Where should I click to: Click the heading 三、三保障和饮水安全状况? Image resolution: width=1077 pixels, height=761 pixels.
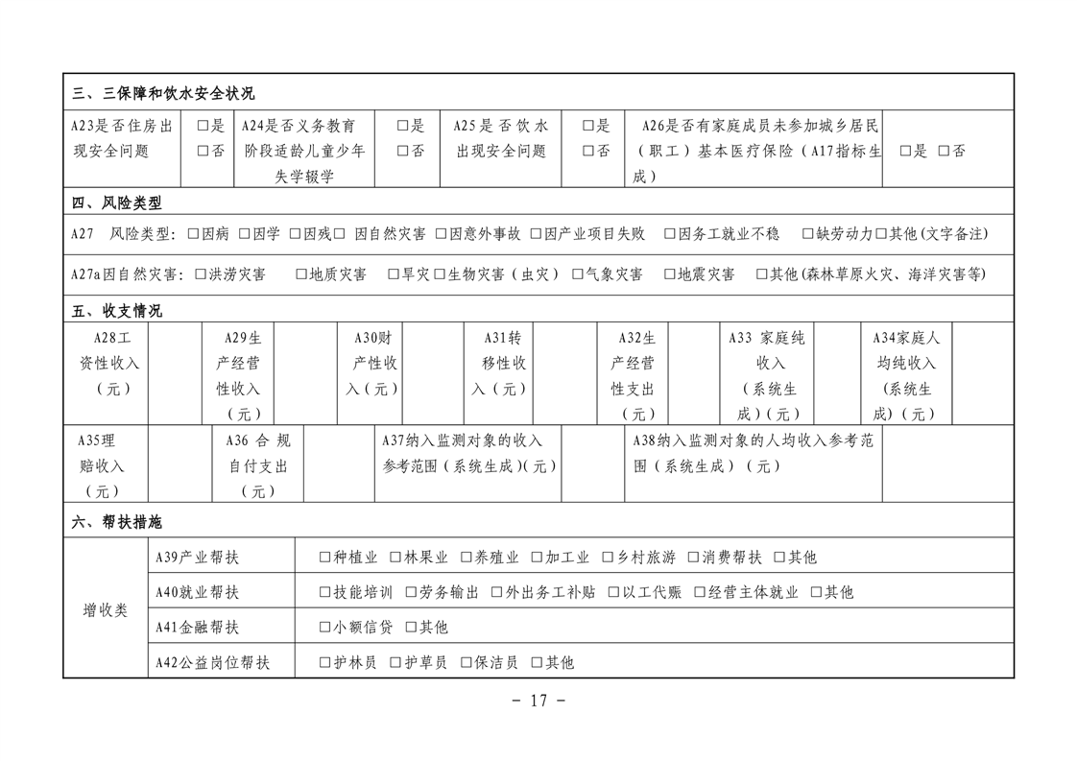[x=163, y=93]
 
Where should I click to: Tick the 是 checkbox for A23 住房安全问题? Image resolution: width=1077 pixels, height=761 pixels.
[x=203, y=126]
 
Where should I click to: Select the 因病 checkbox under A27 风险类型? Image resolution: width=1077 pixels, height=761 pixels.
[x=193, y=233]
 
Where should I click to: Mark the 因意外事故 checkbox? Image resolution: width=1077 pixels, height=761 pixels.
[x=442, y=233]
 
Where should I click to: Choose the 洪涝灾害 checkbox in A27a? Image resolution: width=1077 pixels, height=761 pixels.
[x=201, y=274]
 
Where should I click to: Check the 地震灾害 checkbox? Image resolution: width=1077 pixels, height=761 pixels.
[x=670, y=274]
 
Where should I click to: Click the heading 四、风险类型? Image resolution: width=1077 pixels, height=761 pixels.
[x=117, y=202]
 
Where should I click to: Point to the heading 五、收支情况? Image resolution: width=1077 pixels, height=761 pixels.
[x=117, y=311]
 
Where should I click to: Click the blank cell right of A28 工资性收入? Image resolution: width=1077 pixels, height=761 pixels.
[x=175, y=374]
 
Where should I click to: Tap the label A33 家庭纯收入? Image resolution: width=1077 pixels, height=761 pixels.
[x=769, y=375]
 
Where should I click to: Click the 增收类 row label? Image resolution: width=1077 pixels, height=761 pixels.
[x=105, y=609]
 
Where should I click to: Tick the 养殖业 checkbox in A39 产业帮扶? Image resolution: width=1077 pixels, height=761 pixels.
[x=467, y=558]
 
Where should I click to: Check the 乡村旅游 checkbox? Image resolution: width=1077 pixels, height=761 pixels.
[x=608, y=558]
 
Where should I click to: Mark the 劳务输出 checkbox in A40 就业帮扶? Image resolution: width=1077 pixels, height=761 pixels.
[x=411, y=592]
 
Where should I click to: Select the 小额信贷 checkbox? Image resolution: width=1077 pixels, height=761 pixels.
[x=324, y=628]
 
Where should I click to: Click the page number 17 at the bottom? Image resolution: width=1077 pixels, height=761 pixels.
[x=538, y=701]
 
